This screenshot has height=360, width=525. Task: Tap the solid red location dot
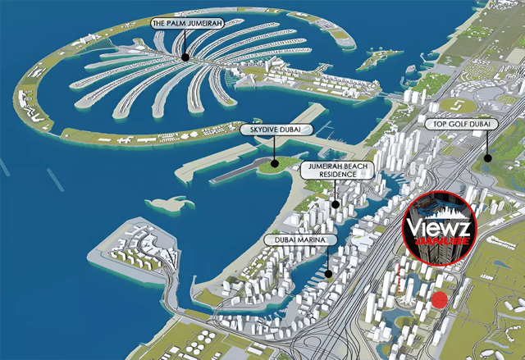pos(440,300)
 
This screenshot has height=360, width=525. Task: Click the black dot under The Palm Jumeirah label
pos(186,57)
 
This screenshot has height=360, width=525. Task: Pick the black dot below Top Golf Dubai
pos(487,157)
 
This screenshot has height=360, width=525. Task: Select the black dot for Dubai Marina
pos(327,275)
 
